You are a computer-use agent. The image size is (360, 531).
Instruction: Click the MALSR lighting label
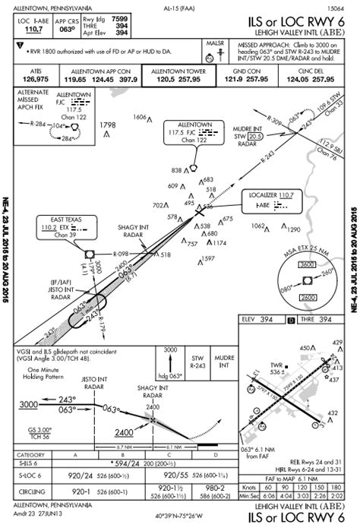click(x=216, y=45)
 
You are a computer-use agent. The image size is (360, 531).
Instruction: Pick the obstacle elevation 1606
click(x=139, y=117)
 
